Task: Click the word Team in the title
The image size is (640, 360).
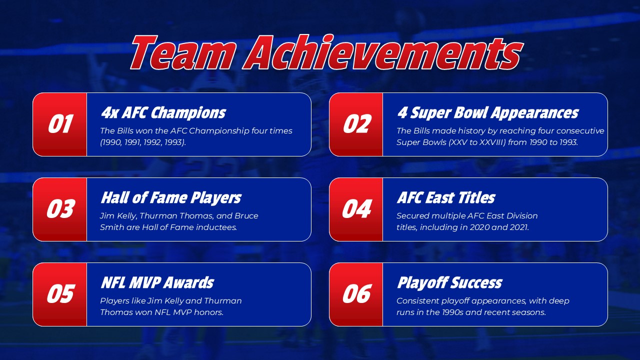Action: click(182, 53)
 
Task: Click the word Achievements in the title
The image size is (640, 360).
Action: click(383, 53)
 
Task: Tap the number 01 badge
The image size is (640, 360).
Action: click(60, 124)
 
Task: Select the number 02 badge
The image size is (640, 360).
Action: click(356, 124)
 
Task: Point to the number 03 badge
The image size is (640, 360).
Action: click(60, 209)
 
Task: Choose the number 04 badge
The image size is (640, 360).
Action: click(356, 209)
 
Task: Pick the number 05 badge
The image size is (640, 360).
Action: click(60, 294)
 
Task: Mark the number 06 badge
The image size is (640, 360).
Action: click(356, 294)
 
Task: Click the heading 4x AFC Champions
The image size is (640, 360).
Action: click(163, 113)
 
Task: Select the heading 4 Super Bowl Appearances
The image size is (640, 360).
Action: click(487, 113)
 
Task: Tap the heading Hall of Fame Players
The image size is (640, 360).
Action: click(170, 198)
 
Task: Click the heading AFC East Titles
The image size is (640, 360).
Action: click(445, 198)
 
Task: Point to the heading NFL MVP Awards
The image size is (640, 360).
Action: click(157, 283)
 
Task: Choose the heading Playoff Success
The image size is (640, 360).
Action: click(449, 283)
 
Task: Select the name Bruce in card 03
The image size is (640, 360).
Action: click(246, 216)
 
